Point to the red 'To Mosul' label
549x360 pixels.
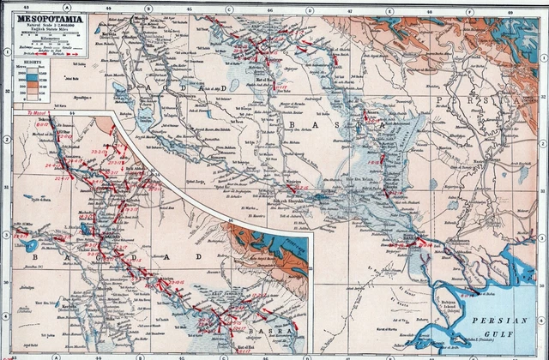click(x=34, y=112)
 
